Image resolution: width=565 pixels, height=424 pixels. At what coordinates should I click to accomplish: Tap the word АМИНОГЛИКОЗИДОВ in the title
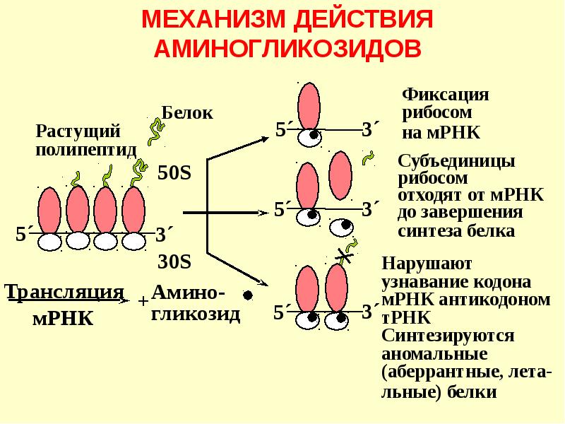(287, 48)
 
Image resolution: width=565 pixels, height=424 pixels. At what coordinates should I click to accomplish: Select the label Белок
(187, 112)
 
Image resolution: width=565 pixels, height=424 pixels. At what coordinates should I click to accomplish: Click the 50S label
(174, 173)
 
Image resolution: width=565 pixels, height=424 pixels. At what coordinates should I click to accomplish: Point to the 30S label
(174, 261)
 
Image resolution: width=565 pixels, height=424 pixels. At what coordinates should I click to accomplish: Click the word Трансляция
(65, 292)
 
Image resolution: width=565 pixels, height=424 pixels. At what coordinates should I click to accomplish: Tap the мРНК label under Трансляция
(63, 318)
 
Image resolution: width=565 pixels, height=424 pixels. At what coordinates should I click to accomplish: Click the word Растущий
(78, 131)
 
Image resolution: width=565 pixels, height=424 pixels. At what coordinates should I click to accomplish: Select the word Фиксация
(446, 95)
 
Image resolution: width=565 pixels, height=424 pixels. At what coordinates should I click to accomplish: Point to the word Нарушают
(427, 265)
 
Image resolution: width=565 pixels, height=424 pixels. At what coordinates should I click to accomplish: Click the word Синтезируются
(448, 335)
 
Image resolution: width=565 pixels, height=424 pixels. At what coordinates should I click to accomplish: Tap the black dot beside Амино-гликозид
(248, 295)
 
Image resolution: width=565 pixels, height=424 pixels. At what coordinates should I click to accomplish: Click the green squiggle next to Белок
(155, 131)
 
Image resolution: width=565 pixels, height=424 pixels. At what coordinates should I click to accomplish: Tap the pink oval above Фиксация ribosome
(309, 106)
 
